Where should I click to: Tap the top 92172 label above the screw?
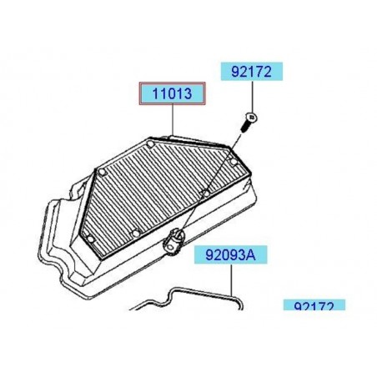[251, 71]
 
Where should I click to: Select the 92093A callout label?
[227, 256]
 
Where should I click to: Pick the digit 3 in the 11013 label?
[191, 96]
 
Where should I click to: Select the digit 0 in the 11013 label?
[172, 96]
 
